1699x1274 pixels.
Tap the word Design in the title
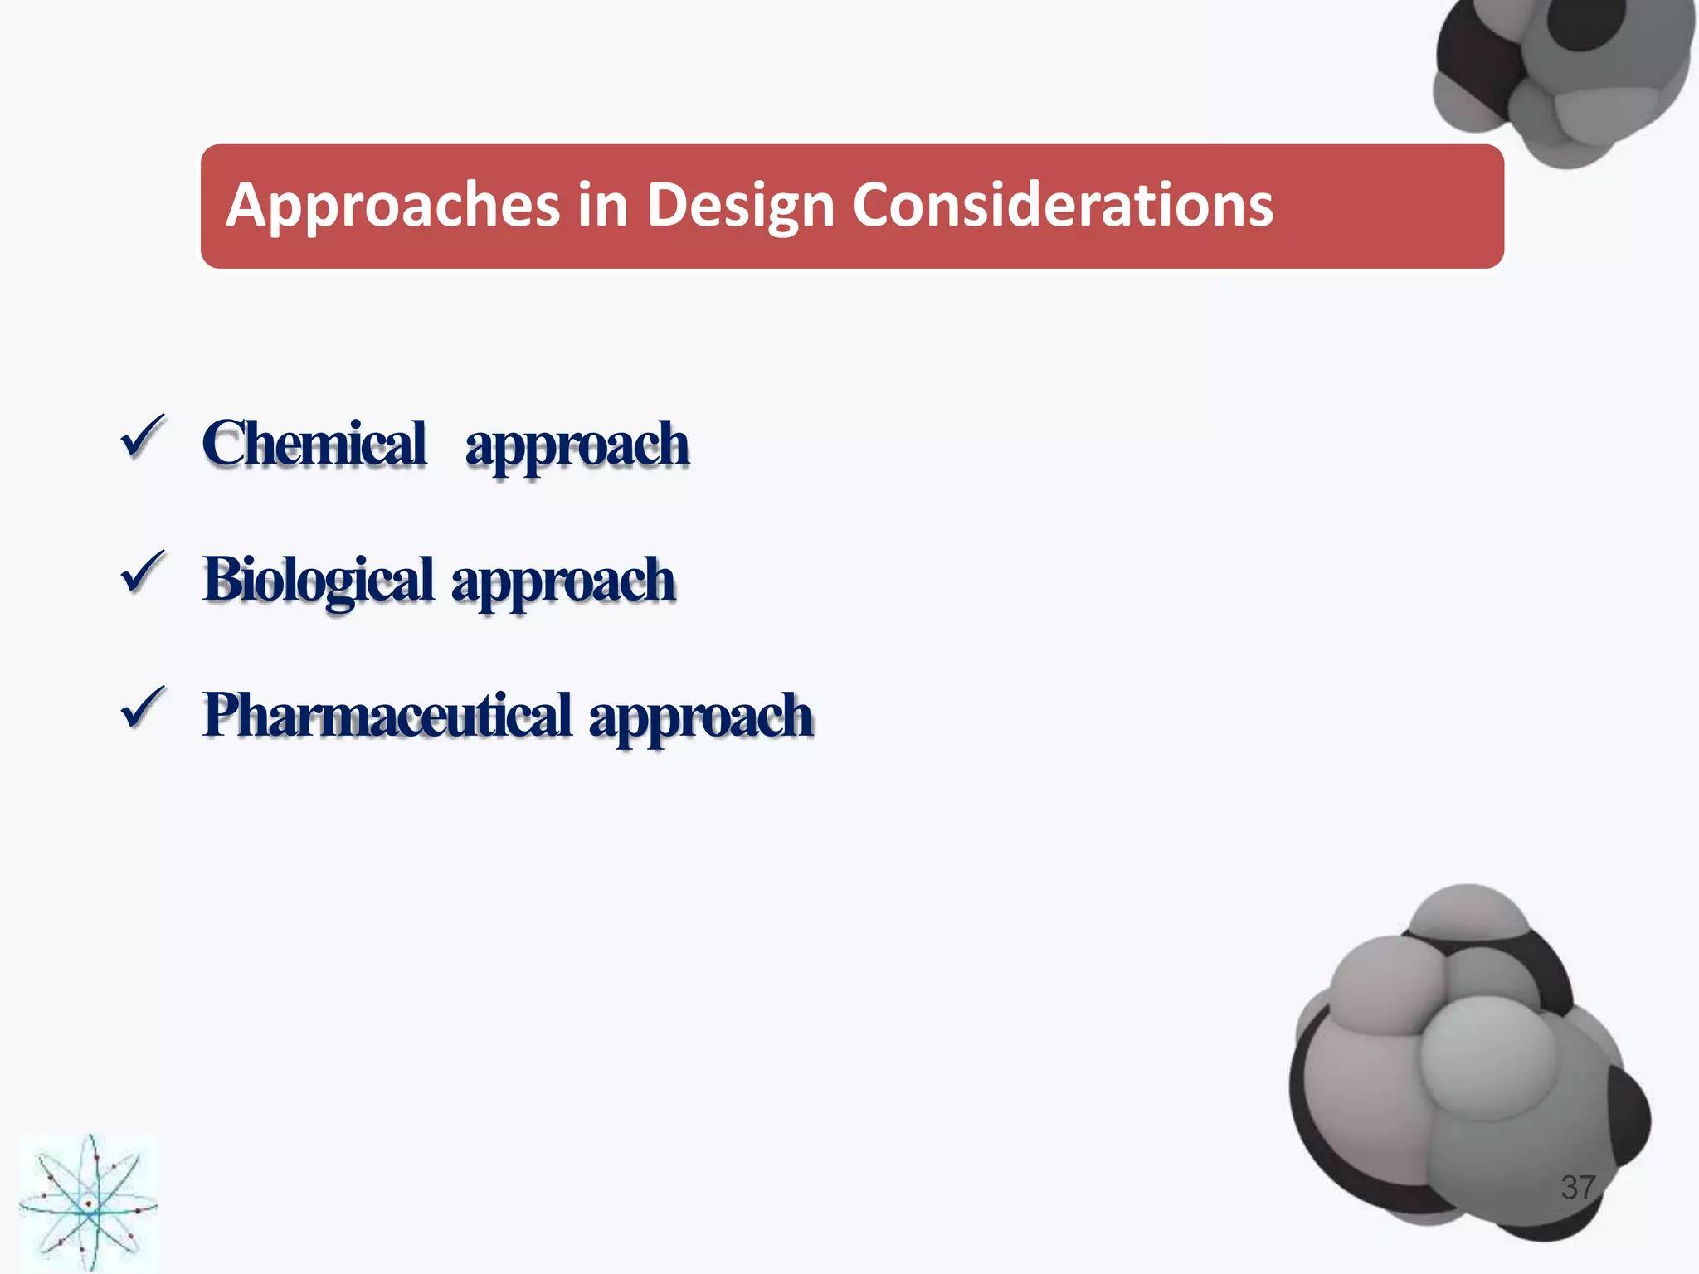tap(740, 206)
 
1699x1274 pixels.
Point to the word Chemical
tap(314, 444)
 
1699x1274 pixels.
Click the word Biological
tap(319, 580)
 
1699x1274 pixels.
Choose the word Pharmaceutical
tap(387, 716)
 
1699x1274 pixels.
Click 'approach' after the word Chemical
tap(577, 446)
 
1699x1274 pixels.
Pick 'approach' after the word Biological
tap(563, 582)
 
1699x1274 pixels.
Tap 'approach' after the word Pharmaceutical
tap(701, 718)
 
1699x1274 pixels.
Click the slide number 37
tap(1578, 1187)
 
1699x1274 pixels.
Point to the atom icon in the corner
tap(88, 1202)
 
